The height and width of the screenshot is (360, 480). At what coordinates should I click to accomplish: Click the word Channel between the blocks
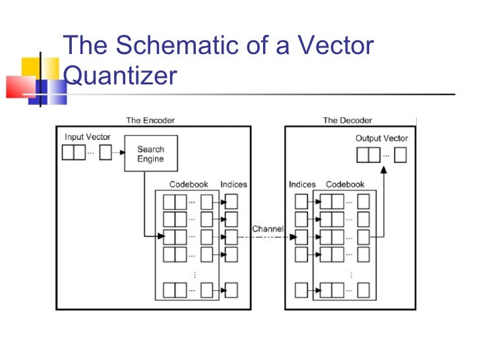267,229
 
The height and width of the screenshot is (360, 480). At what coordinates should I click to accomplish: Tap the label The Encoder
150,120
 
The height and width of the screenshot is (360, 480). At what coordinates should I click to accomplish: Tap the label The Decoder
347,120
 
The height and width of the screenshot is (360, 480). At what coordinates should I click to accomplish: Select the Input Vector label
87,137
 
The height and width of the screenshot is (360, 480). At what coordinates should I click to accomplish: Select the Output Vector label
381,138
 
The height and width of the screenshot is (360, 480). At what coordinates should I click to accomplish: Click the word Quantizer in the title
120,76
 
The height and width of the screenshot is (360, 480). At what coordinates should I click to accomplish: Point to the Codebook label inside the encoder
189,185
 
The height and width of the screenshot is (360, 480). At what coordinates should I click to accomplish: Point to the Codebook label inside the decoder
345,185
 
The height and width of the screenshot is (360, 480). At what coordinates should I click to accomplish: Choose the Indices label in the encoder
233,185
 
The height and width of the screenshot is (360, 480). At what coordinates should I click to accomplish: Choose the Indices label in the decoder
302,185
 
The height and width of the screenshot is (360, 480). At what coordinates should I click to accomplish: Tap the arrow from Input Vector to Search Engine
118,154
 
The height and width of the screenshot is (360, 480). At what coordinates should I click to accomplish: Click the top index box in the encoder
231,201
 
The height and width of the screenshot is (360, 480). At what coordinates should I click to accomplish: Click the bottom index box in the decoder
301,289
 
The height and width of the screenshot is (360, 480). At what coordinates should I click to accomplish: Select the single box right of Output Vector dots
400,155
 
